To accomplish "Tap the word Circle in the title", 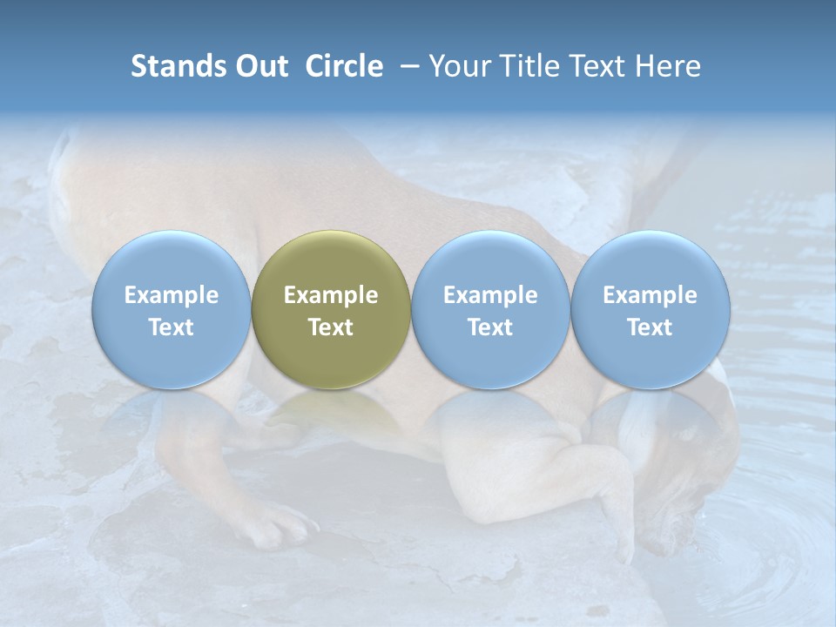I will click(344, 66).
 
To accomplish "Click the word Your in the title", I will click(456, 66).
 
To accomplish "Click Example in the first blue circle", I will click(171, 295).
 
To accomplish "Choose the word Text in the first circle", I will click(171, 327).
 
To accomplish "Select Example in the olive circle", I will click(331, 295).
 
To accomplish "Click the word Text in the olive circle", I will click(331, 327).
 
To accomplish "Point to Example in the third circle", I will click(490, 295).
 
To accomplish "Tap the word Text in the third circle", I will click(490, 327).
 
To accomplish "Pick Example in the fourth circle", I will click(650, 295).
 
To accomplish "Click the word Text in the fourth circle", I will click(650, 327).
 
